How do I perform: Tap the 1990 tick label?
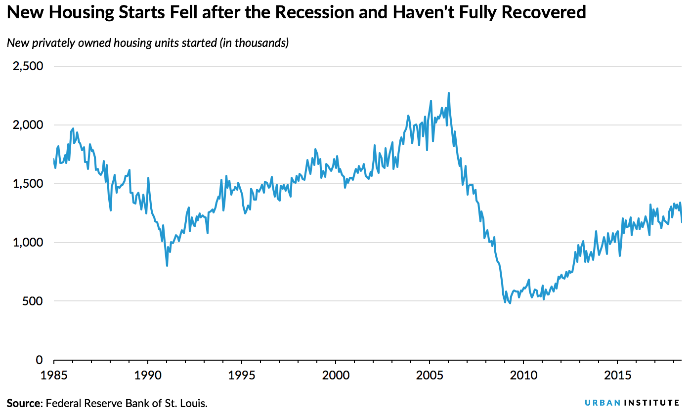(147, 375)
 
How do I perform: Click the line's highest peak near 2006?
(448, 93)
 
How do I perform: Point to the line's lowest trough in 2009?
(510, 303)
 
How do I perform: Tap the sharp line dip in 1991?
(167, 266)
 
